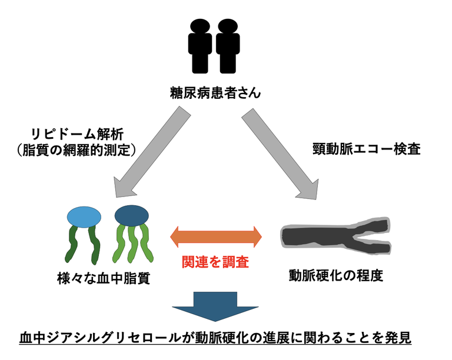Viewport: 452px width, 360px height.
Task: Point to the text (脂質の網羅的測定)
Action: (x=74, y=150)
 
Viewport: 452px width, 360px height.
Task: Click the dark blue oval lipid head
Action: (x=131, y=215)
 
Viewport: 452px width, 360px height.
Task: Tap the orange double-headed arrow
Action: (x=216, y=236)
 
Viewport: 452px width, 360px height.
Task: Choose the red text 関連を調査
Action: (x=216, y=262)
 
